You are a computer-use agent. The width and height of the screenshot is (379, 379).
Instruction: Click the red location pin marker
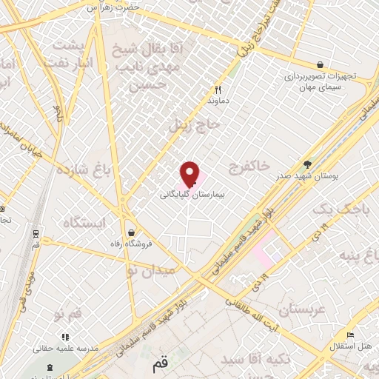click(190, 174)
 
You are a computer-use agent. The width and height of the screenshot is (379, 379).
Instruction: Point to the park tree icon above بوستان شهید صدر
click(308, 164)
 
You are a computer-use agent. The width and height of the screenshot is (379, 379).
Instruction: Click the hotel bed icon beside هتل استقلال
click(350, 335)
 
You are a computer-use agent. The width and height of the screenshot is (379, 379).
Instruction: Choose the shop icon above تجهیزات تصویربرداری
click(319, 65)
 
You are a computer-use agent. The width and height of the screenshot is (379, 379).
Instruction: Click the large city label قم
click(160, 365)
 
